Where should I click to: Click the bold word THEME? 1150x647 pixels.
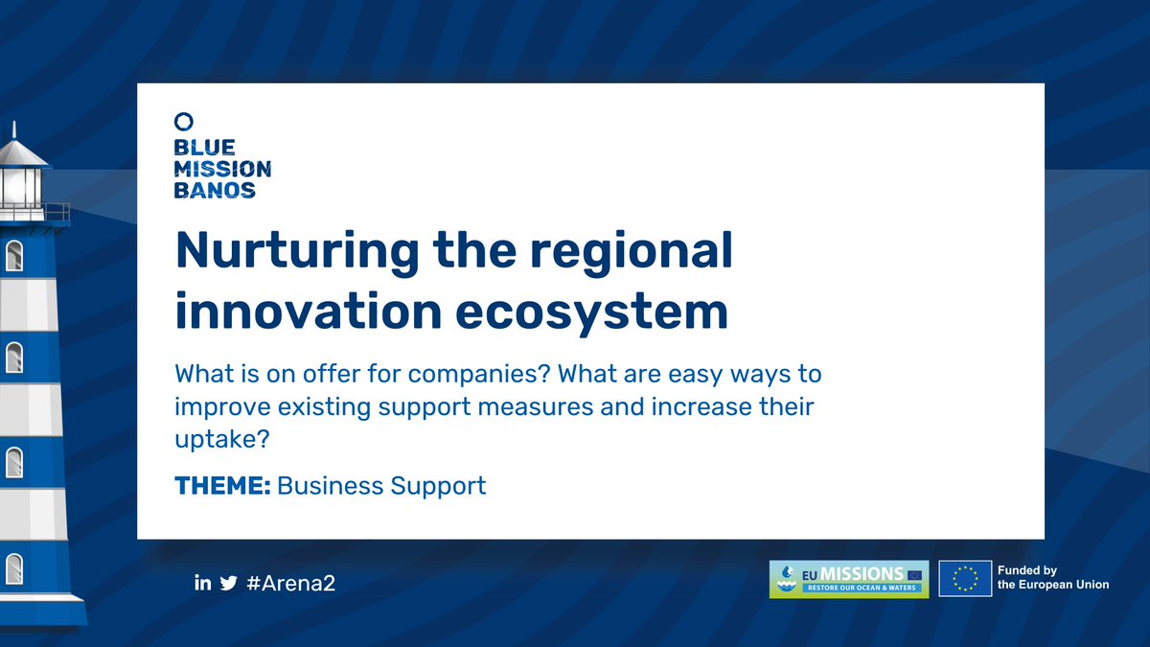point(222,486)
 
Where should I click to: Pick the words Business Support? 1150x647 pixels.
point(381,486)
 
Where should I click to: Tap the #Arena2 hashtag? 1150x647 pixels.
point(291,583)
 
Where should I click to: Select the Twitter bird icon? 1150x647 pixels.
point(228,583)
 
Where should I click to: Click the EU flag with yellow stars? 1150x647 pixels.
point(965,579)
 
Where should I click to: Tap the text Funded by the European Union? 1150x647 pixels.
point(1052,578)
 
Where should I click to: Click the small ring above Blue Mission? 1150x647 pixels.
point(184,121)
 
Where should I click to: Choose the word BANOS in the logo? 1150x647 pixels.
point(215,190)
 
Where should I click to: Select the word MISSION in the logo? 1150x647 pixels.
point(222,169)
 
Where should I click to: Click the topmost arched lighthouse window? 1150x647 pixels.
point(14,255)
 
